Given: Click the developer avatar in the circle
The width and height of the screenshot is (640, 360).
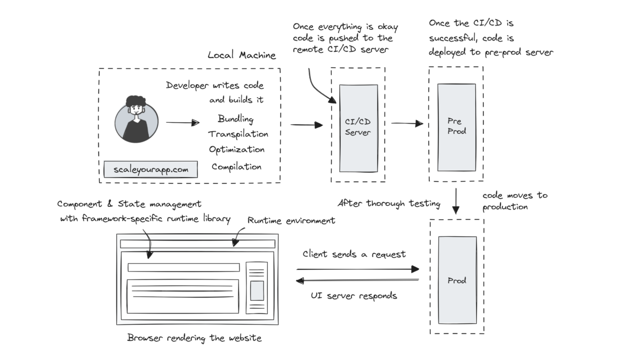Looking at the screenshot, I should pyautogui.click(x=137, y=122).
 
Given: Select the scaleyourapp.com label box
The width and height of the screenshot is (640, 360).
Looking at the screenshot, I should pyautogui.click(x=151, y=170).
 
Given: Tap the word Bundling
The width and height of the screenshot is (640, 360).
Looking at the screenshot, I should pyautogui.click(x=236, y=118).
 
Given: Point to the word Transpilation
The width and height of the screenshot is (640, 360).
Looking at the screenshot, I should pyautogui.click(x=238, y=134).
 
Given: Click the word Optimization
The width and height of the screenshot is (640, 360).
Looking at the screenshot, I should pyautogui.click(x=237, y=149).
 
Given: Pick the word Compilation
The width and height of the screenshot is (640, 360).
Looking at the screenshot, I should pyautogui.click(x=237, y=166).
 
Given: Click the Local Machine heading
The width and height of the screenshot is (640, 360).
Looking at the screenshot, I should pyautogui.click(x=242, y=55).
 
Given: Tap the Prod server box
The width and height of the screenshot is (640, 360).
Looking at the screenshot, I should pyautogui.click(x=457, y=280).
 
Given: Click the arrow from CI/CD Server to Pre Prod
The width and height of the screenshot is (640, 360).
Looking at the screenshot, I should pyautogui.click(x=407, y=123).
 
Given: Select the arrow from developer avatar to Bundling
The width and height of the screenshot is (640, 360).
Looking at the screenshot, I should pyautogui.click(x=182, y=123).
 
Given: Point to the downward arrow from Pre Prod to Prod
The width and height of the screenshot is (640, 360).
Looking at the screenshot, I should pyautogui.click(x=456, y=201).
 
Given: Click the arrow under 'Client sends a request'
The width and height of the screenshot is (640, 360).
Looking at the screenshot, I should pyautogui.click(x=358, y=269).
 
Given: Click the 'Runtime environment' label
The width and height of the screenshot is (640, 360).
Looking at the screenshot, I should pyautogui.click(x=291, y=220).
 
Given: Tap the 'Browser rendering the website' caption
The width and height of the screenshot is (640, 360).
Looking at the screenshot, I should pyautogui.click(x=195, y=338).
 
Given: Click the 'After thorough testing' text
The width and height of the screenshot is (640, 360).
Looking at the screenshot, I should pyautogui.click(x=389, y=203).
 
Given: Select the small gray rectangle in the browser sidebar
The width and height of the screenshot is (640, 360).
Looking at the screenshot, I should pyautogui.click(x=257, y=291).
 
